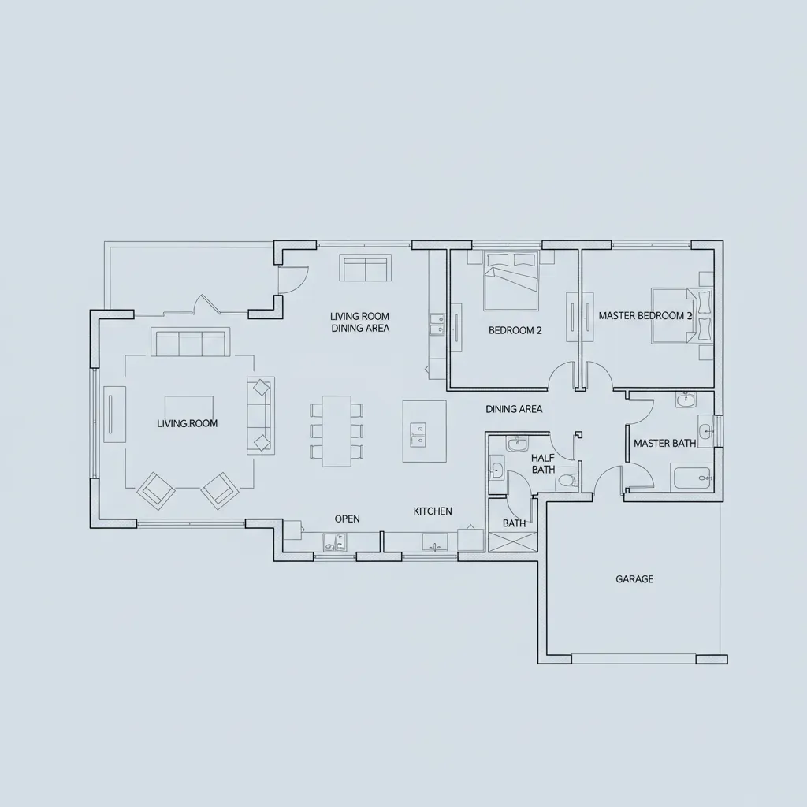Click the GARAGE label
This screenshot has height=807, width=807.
(x=634, y=579)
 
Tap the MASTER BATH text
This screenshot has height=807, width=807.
(x=664, y=444)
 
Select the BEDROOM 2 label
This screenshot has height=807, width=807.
(x=515, y=331)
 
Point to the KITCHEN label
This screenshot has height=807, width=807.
(x=433, y=511)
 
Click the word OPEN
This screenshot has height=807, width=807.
(x=347, y=519)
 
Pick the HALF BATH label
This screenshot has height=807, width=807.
(x=543, y=463)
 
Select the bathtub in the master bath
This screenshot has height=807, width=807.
(x=691, y=478)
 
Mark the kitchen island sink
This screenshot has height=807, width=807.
(x=417, y=432)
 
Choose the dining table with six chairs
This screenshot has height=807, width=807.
(x=337, y=430)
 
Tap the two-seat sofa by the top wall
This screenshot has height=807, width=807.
(x=364, y=269)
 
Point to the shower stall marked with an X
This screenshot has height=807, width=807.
(x=513, y=541)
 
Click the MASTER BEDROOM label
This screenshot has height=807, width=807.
(x=645, y=316)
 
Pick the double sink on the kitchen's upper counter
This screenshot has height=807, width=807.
(x=436, y=323)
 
